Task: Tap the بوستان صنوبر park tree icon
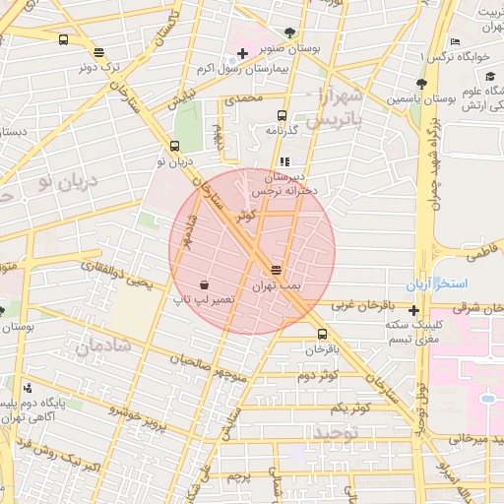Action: coord(287,32)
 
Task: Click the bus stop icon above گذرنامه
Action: coord(283,115)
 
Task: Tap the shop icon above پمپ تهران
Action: coord(275,269)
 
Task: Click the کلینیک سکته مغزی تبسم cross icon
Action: coord(413,310)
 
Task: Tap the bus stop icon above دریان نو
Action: coord(174,146)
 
